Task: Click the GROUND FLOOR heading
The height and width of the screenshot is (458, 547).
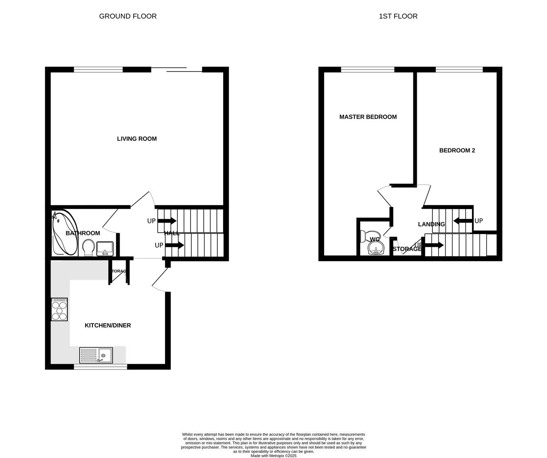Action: click(x=128, y=16)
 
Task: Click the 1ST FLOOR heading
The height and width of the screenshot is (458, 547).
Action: click(x=398, y=16)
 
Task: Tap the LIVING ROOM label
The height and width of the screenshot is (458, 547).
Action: click(x=137, y=139)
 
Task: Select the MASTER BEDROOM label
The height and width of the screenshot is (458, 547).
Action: click(x=368, y=117)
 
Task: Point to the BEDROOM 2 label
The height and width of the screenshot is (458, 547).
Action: click(x=457, y=150)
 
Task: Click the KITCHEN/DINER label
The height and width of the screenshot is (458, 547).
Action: click(x=108, y=325)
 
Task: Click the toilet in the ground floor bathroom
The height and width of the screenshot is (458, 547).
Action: click(x=88, y=247)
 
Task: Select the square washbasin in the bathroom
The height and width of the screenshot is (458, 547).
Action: click(x=104, y=248)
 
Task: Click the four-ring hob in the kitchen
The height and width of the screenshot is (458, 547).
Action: click(x=59, y=309)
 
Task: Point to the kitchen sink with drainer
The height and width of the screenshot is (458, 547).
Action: click(x=96, y=355)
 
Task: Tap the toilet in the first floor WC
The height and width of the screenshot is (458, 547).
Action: click(x=369, y=236)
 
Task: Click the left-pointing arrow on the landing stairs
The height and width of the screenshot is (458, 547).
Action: click(x=462, y=221)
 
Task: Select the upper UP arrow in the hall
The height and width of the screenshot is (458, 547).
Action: click(x=167, y=221)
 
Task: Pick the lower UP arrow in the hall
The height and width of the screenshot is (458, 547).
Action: click(x=174, y=245)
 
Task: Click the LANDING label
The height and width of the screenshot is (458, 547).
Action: click(x=431, y=224)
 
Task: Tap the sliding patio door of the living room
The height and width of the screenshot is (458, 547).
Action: click(x=177, y=70)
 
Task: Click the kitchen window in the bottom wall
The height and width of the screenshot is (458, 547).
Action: click(x=101, y=366)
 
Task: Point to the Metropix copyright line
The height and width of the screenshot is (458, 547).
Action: click(x=273, y=456)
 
